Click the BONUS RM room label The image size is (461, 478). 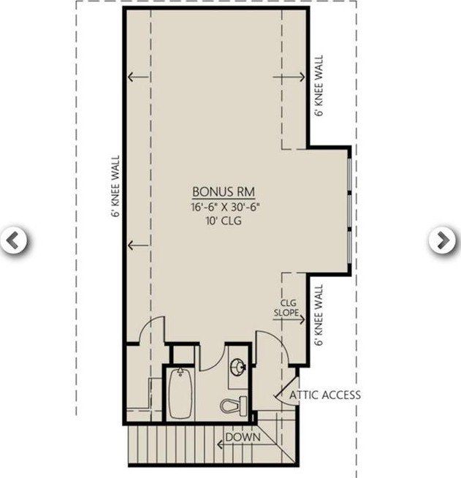(223, 191)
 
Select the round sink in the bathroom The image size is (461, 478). (237, 368)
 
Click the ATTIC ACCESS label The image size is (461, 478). (325, 395)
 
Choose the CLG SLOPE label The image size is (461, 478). (287, 307)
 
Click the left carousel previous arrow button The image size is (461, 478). (14, 240)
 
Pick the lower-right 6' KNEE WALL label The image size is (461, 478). (319, 315)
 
